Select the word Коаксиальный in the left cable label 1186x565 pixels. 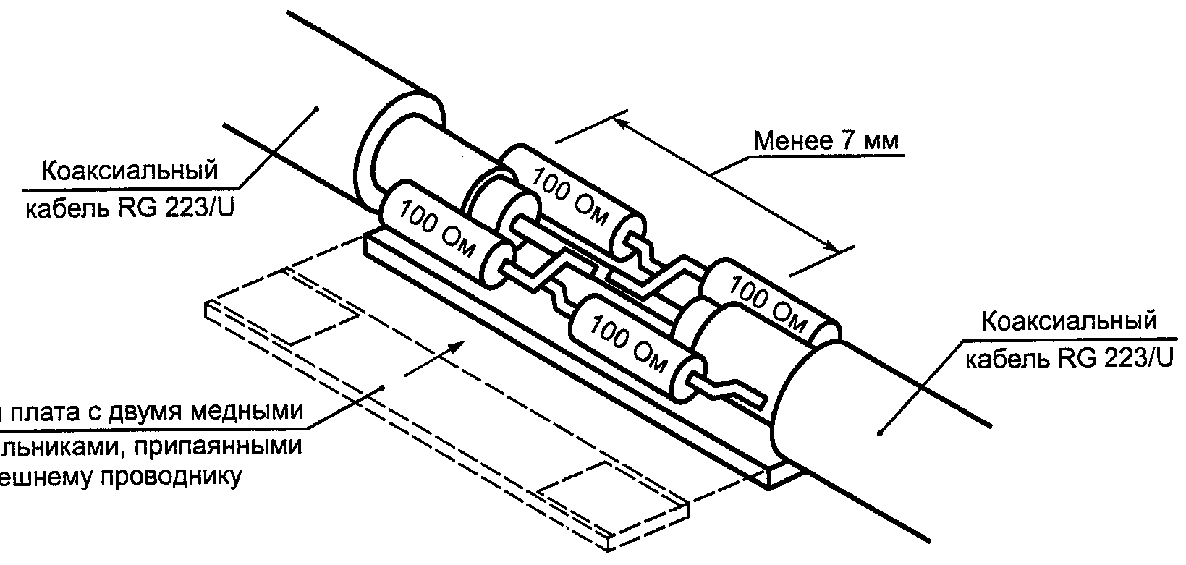click(130, 171)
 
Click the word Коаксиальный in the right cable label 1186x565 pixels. click(1069, 321)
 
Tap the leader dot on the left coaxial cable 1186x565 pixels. click(316, 110)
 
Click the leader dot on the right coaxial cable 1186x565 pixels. click(880, 433)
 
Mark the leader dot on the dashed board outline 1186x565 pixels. click(384, 388)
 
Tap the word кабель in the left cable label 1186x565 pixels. click(65, 209)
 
